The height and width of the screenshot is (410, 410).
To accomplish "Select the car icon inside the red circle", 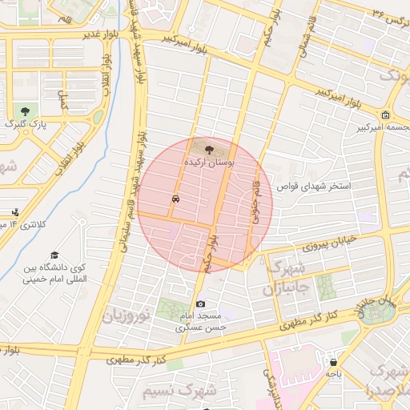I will pyautogui.click(x=175, y=198).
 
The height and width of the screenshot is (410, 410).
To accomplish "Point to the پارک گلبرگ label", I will pyautogui.click(x=26, y=124).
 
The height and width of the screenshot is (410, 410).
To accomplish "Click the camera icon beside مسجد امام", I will pyautogui.click(x=200, y=303).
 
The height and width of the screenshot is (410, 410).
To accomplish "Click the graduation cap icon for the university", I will pyautogui.click(x=54, y=253).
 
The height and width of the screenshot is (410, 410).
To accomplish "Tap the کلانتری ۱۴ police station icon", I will pyautogui.click(x=15, y=212).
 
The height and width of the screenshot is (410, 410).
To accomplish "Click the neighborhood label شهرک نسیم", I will pyautogui.click(x=179, y=392).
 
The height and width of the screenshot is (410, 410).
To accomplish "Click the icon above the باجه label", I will pyautogui.click(x=332, y=362).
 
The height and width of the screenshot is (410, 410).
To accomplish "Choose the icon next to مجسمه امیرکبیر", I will pyautogui.click(x=386, y=115).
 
